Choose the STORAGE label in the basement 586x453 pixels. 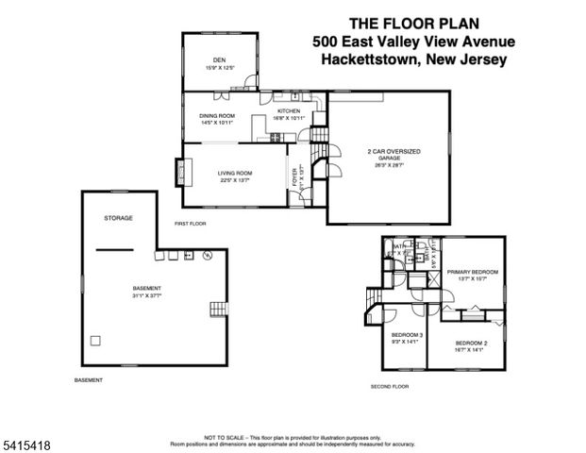118,218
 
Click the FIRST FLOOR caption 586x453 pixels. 190,224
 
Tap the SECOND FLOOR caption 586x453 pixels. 389,387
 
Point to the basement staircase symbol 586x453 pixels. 219,308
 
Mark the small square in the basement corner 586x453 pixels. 94,340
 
